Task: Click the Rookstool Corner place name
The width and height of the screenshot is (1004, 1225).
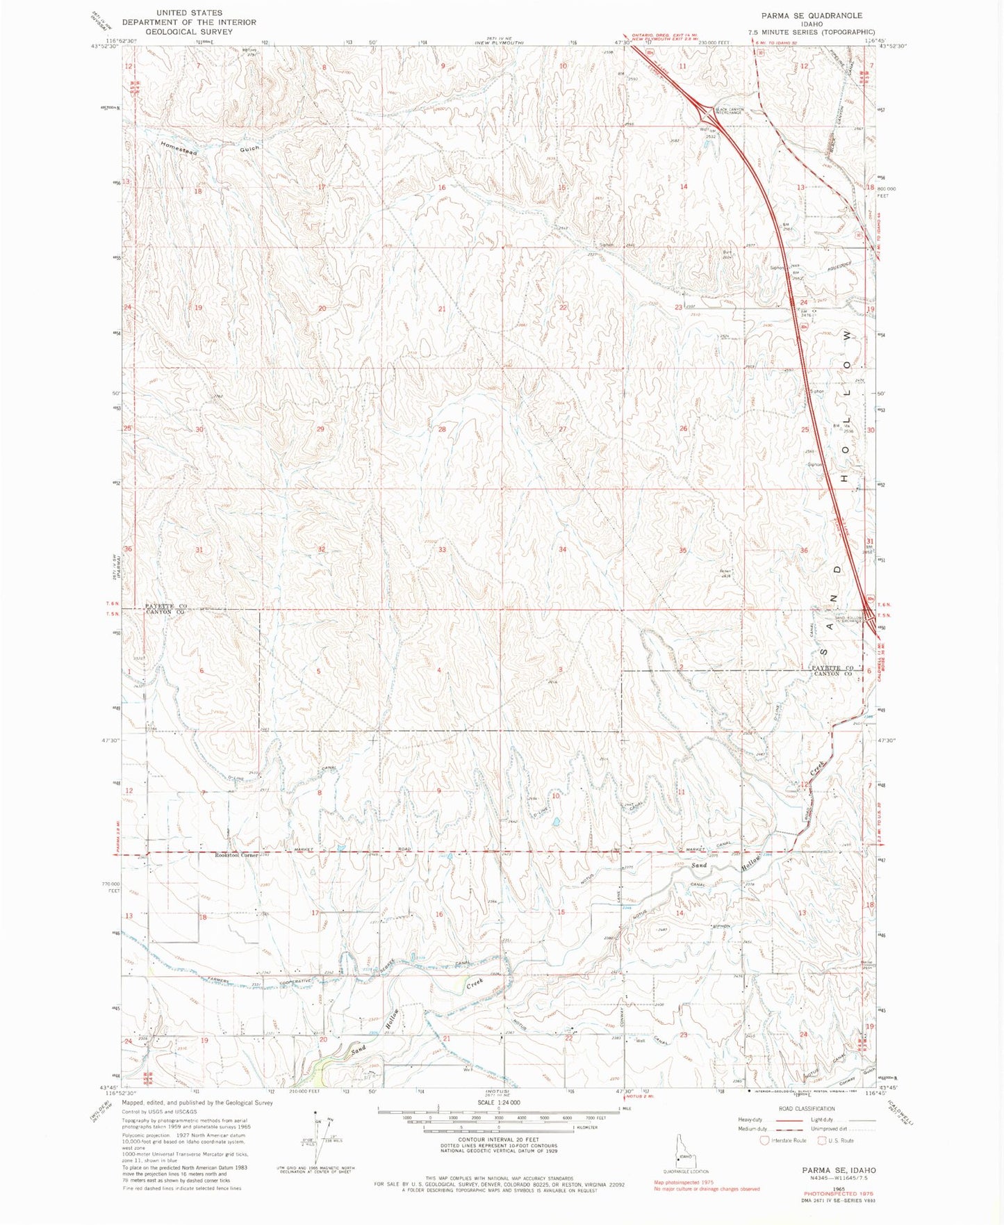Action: [236, 854]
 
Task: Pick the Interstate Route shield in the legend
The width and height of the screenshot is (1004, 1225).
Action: [766, 1140]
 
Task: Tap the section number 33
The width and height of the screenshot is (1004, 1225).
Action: [441, 550]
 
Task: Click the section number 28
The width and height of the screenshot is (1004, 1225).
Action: [441, 429]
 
